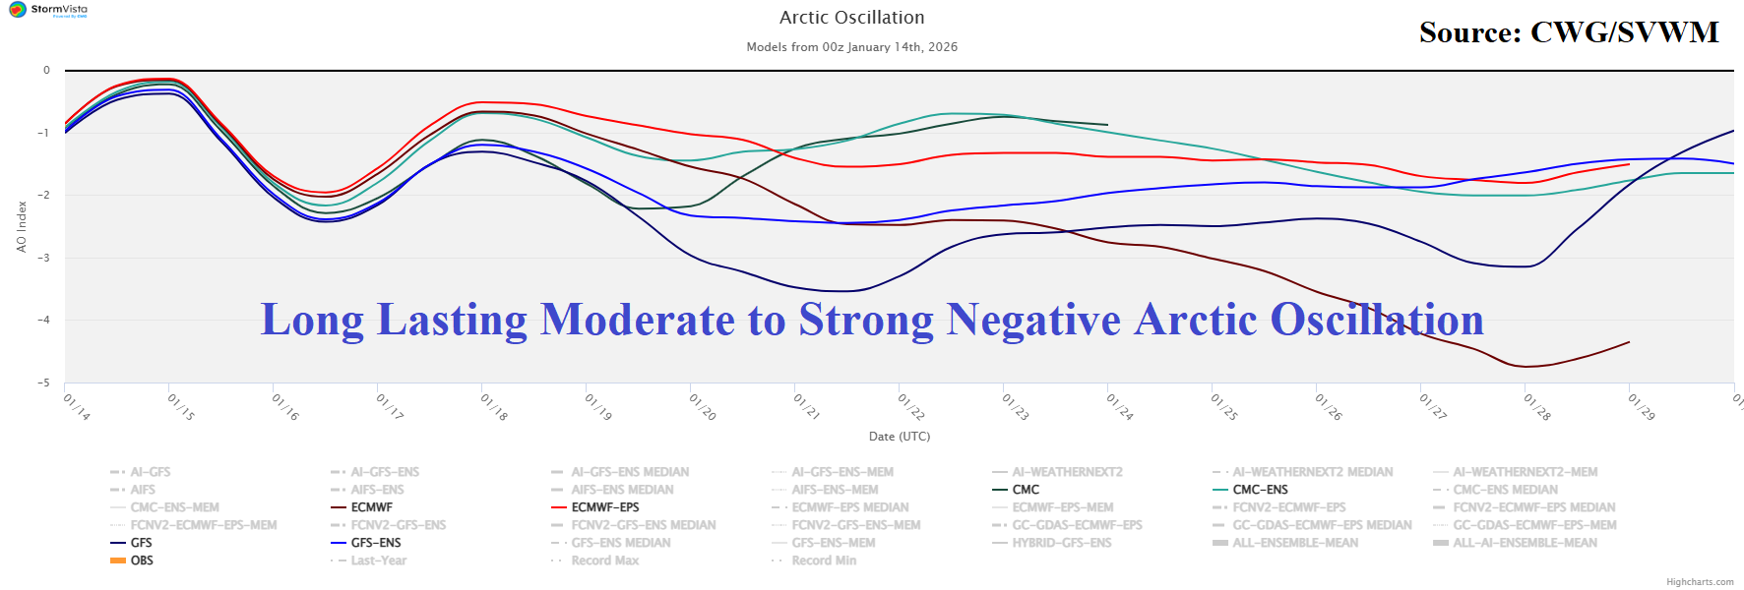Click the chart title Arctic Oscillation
pos(851,18)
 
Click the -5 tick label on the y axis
pos(44,383)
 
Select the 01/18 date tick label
pos(493,407)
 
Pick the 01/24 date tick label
pos(1119,407)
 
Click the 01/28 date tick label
pos(1536,407)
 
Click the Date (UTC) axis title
pos(899,437)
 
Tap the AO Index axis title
pos(22,226)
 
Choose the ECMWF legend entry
pos(371,507)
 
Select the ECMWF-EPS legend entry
pos(604,507)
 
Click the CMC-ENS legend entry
pos(1260,490)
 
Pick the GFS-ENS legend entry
pos(375,543)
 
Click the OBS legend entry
pos(141,560)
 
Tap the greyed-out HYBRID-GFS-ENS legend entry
pos(1061,543)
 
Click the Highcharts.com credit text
pos(1700,582)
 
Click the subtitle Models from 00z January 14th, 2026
pos(851,47)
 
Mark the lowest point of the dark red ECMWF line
pos(1526,367)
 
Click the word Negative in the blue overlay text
pos(1033,320)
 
